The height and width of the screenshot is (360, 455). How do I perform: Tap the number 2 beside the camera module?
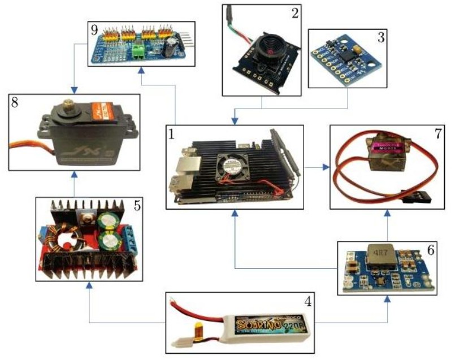tap(294, 14)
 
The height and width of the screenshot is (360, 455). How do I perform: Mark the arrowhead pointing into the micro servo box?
tap(327, 167)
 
